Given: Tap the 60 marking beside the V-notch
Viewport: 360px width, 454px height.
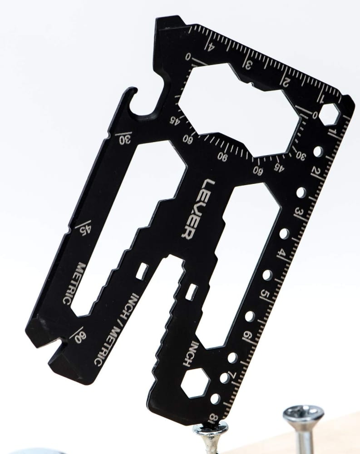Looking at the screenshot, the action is tap(79, 336).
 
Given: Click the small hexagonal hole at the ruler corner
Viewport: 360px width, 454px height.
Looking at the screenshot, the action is tap(329, 115).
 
